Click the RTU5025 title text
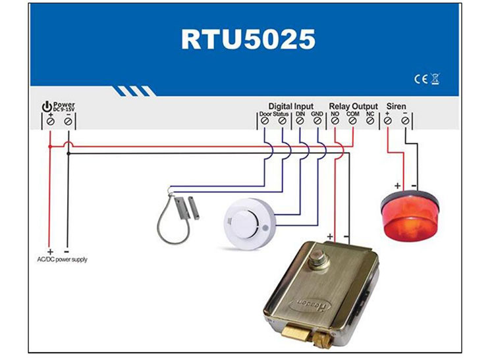pos(248,39)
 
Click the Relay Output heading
pos(354,106)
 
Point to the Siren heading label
pos(397,106)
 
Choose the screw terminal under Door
pos(265,122)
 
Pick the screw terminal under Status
pos(282,122)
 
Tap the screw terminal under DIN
pos(300,122)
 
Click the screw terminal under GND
pos(317,122)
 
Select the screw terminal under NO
pos(335,122)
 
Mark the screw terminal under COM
pos(352,122)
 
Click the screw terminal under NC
pos(370,122)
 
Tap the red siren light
pos(408,213)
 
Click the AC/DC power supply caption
pos(62,259)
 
